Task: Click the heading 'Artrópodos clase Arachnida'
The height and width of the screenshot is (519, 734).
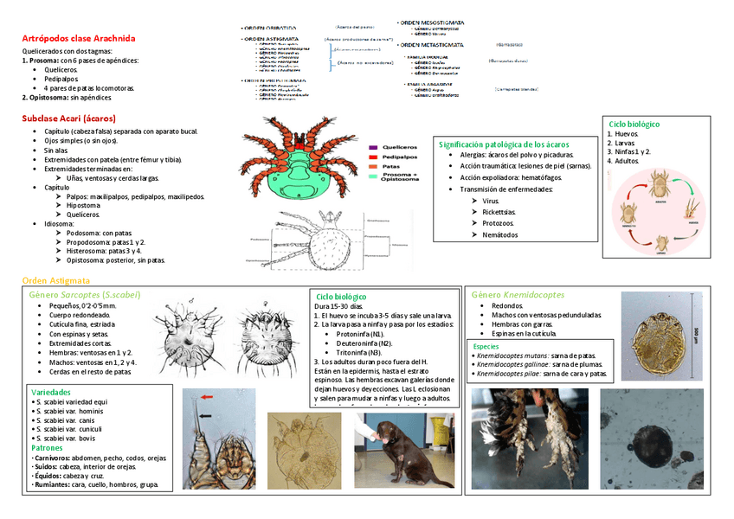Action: pyautogui.click(x=78, y=38)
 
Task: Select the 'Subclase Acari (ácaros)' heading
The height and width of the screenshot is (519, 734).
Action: pyautogui.click(x=69, y=118)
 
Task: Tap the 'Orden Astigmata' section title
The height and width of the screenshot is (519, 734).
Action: pyautogui.click(x=55, y=280)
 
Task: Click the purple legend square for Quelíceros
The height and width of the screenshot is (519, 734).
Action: pyautogui.click(x=373, y=148)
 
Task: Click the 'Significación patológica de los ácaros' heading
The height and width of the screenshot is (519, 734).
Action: pyautogui.click(x=504, y=144)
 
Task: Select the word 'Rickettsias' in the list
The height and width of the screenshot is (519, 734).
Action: pyautogui.click(x=499, y=212)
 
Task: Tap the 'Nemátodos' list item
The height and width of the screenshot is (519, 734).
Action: pyautogui.click(x=500, y=234)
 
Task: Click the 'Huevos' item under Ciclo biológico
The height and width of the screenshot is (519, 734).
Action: pyautogui.click(x=628, y=134)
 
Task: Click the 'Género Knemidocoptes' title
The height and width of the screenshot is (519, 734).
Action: pyautogui.click(x=518, y=295)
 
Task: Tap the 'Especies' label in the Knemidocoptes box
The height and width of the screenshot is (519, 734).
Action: pyautogui.click(x=487, y=346)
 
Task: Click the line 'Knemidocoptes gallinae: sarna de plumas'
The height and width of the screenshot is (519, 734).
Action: pyautogui.click(x=541, y=364)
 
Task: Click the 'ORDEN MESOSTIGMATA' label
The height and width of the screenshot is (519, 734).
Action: pyautogui.click(x=433, y=22)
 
